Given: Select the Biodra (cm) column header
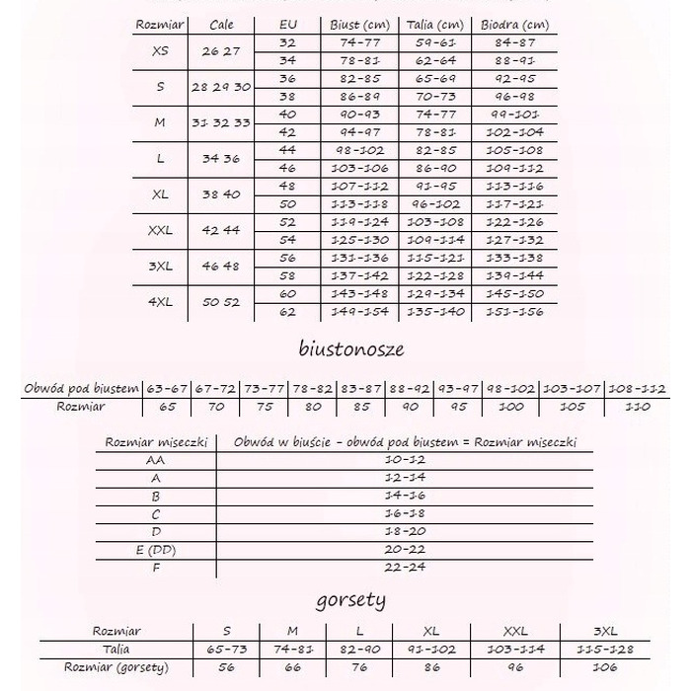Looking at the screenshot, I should tap(514, 25).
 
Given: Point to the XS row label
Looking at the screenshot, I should tap(160, 51).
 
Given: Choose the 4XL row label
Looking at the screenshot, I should tap(160, 302).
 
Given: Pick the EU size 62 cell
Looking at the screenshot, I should tap(287, 312).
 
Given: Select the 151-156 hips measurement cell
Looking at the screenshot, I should tap(514, 312).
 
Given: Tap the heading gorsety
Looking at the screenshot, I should tap(350, 599).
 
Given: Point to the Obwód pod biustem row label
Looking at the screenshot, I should tap(82, 389).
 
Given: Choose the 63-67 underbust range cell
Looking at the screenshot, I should tap(167, 389).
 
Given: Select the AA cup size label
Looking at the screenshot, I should tap(154, 460).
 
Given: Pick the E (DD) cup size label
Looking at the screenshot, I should tap(155, 550).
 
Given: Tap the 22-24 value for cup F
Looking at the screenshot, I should tap(405, 568).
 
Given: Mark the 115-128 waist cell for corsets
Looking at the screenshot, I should tap(604, 651).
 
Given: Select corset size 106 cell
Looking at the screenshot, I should tap(604, 668).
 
